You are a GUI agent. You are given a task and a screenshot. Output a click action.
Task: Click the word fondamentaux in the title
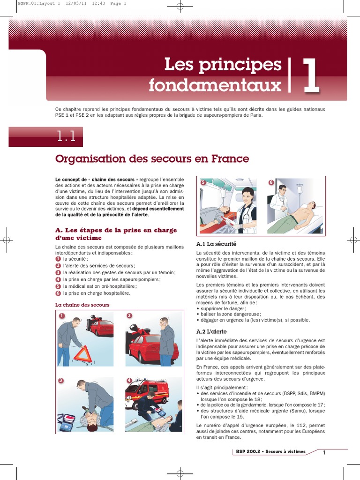(x=215, y=85)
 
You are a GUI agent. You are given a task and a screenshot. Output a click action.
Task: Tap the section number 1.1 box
(x=66, y=137)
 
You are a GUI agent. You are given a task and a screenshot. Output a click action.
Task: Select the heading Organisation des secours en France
(x=152, y=159)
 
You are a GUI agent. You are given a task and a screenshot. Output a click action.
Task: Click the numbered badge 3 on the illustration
(x=61, y=381)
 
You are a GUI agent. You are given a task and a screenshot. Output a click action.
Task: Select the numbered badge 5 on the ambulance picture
(x=203, y=182)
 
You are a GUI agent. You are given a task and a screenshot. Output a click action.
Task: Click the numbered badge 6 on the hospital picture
(x=271, y=182)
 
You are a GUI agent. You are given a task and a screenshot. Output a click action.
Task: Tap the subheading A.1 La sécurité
(x=216, y=244)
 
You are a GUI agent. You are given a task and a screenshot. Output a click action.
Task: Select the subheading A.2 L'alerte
(x=213, y=331)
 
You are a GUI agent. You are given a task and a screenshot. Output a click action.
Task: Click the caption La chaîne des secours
(x=82, y=305)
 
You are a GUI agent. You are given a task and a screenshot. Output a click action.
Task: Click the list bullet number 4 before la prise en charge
(x=58, y=279)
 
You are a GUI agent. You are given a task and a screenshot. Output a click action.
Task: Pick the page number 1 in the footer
(x=323, y=452)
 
